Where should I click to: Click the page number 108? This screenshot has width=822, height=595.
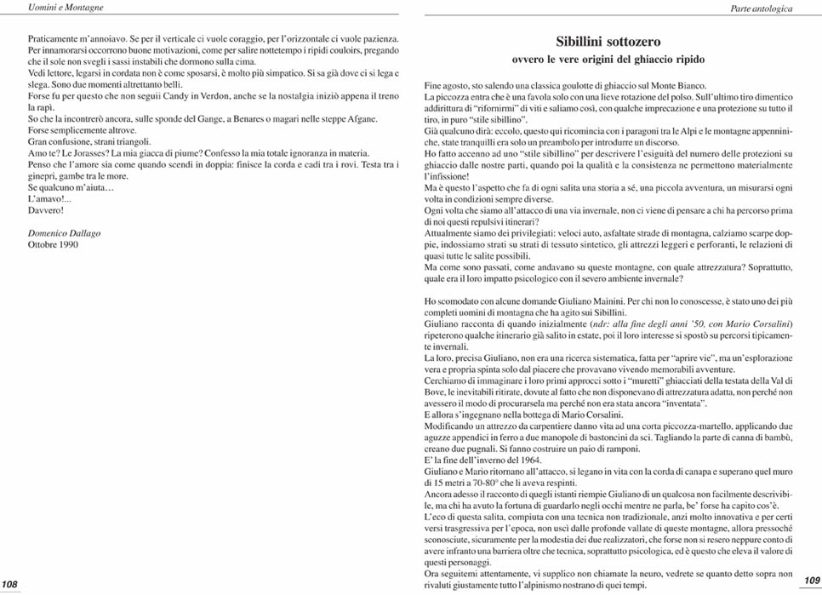tap(11, 583)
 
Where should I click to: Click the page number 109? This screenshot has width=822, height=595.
tap(811, 580)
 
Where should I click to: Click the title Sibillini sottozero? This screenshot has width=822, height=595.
tap(608, 42)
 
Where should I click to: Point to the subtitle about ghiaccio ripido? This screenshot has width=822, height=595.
tap(608, 60)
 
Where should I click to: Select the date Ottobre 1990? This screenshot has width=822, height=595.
tap(54, 244)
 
